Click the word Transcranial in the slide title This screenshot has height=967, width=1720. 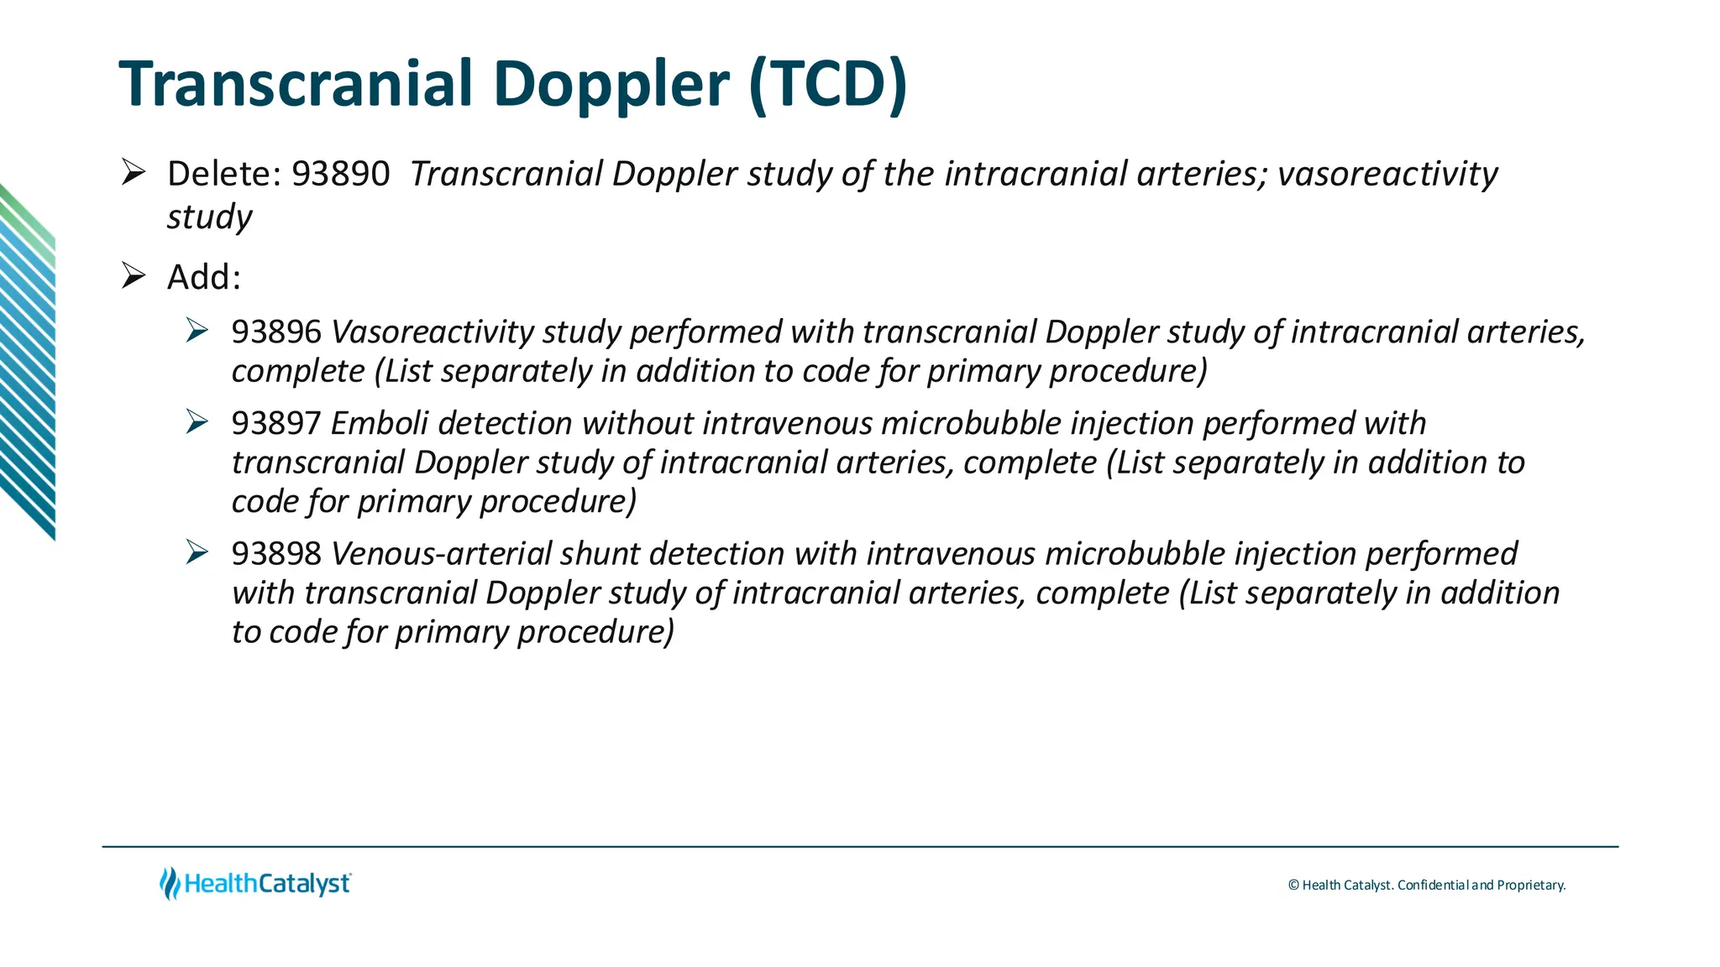pos(297,84)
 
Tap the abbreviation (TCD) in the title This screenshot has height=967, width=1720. pos(827,84)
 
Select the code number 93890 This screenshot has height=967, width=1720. pos(340,175)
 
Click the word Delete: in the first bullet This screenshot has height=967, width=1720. pos(223,175)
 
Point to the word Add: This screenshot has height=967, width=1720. pos(204,278)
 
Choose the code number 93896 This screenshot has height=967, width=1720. pos(276,332)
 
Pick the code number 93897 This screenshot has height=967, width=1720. pos(276,424)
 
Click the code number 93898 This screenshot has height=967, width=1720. pos(276,554)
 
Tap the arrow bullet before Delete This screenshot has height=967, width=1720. pos(134,172)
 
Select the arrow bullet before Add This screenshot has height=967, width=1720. pos(134,275)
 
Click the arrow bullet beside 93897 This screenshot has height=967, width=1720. pos(197,421)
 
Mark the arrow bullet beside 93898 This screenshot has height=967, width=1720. pos(197,551)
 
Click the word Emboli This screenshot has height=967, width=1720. pos(379,424)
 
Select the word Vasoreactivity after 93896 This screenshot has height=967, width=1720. pos(432,332)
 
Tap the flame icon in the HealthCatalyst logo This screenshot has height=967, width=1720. pos(170,884)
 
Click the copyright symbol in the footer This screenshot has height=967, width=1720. pos(1293,886)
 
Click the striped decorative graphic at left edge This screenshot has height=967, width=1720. pos(27,361)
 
